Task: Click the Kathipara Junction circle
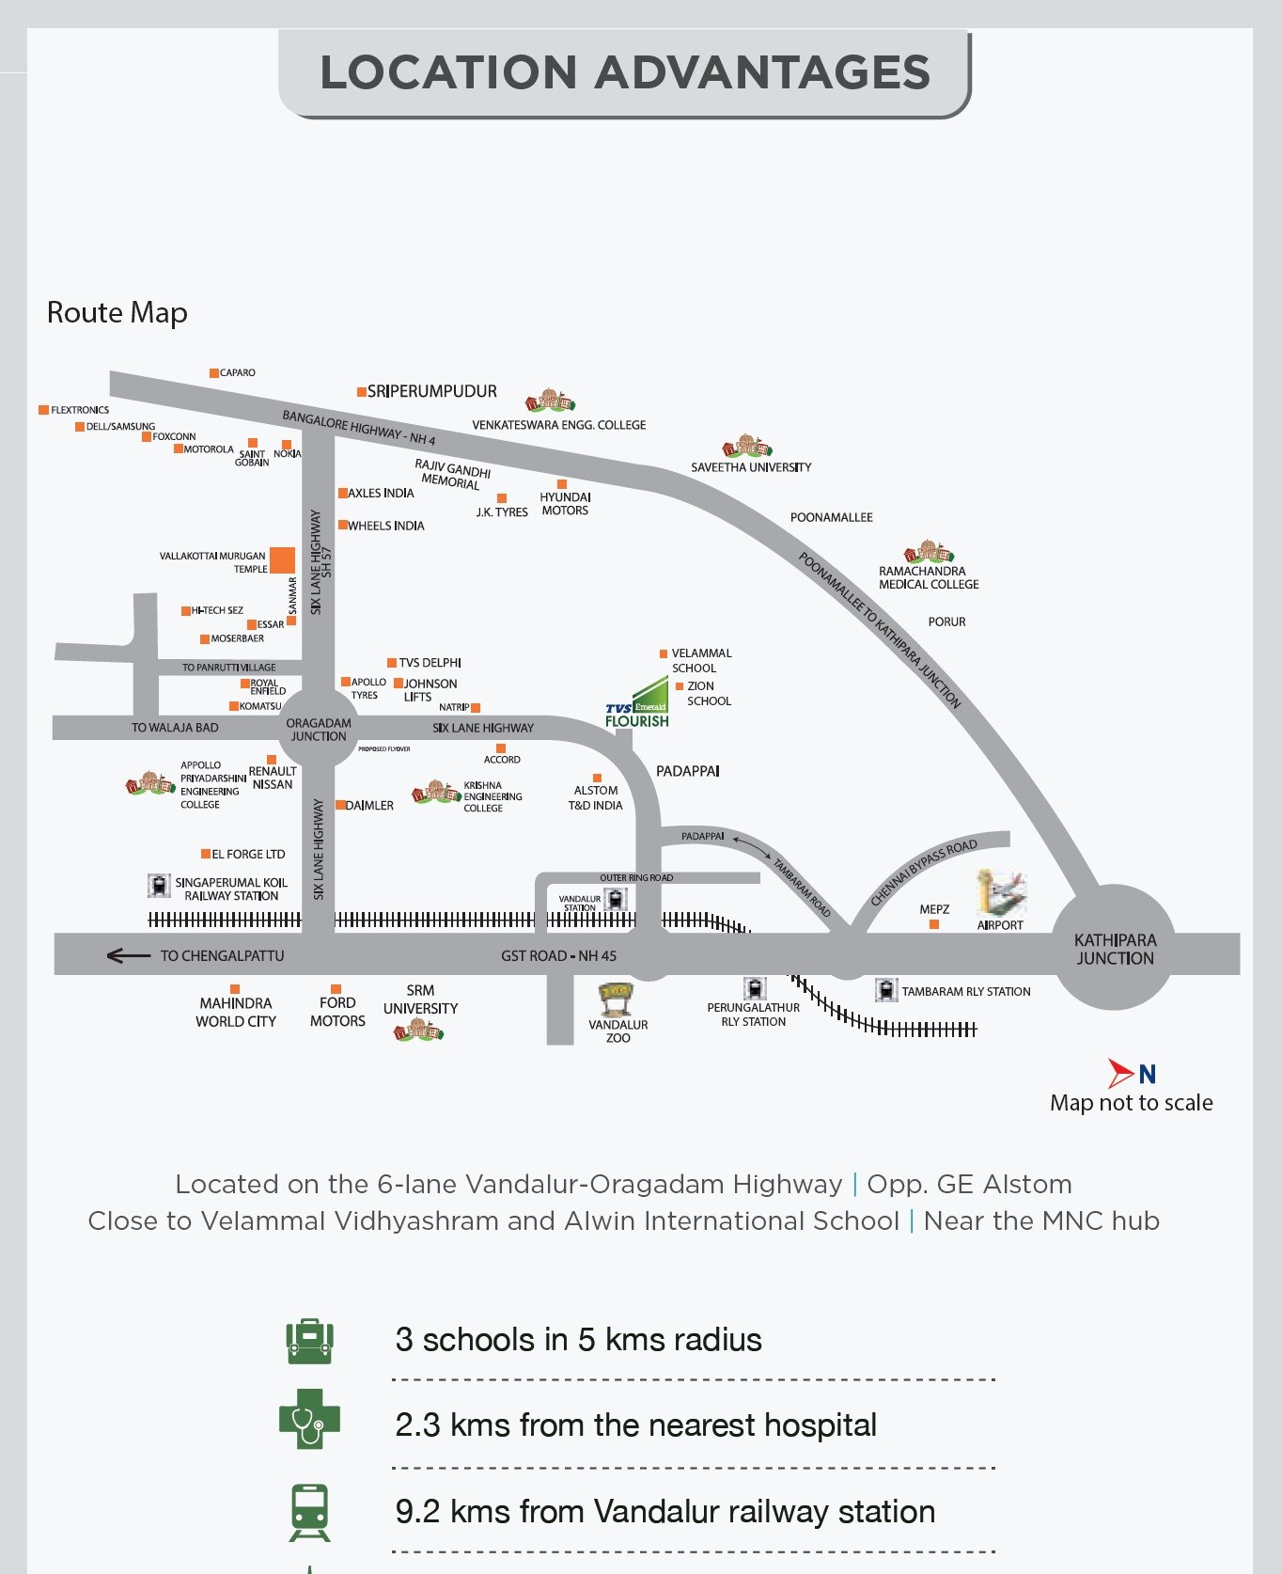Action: [1114, 948]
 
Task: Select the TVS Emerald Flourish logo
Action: [638, 705]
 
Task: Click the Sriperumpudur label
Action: [431, 391]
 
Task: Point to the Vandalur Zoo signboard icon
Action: [618, 995]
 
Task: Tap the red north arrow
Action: [1119, 1073]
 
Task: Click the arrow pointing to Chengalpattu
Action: [128, 956]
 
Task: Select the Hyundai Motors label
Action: [565, 504]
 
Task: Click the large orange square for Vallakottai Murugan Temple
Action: [282, 560]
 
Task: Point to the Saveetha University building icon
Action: [746, 447]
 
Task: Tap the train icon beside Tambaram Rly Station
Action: [885, 990]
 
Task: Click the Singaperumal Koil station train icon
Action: [159, 886]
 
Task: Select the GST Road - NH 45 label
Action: [558, 956]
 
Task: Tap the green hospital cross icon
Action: [309, 1419]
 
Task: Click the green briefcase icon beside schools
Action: [309, 1341]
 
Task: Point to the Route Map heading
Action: [117, 312]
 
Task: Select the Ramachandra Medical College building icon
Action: [928, 552]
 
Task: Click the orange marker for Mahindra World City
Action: [235, 989]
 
